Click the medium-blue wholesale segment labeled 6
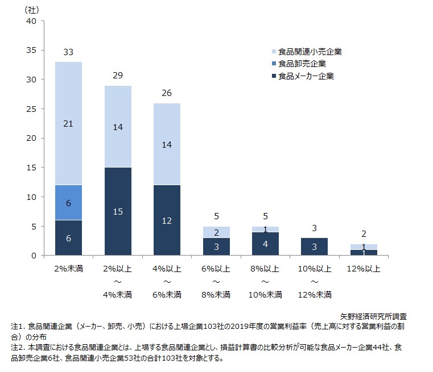pyautogui.click(x=68, y=202)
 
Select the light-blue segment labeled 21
pyautogui.click(x=68, y=123)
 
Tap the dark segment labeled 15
pyautogui.click(x=118, y=211)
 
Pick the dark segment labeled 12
pyautogui.click(x=167, y=220)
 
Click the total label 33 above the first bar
pyautogui.click(x=68, y=52)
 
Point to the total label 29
pyautogui.click(x=118, y=76)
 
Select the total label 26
pyautogui.click(x=167, y=93)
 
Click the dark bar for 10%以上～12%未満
pyautogui.click(x=315, y=246)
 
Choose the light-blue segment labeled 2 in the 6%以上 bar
pyautogui.click(x=216, y=232)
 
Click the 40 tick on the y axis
pyautogui.click(x=32, y=21)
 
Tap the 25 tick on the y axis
pyautogui.click(x=32, y=109)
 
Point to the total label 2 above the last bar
pyautogui.click(x=364, y=234)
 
